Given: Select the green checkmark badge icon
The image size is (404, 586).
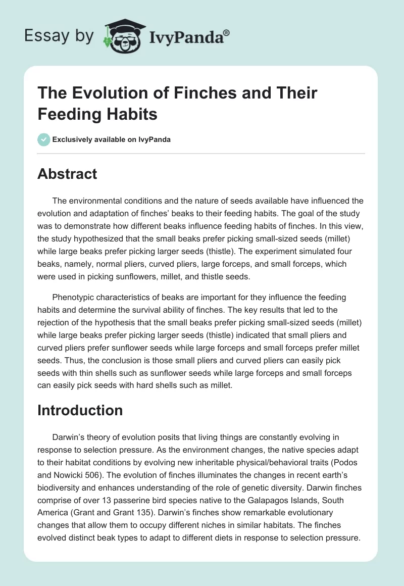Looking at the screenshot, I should coord(44,140).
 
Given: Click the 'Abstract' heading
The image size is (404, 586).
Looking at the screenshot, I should coord(67,174).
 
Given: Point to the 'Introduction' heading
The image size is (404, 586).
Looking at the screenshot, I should coord(80,410).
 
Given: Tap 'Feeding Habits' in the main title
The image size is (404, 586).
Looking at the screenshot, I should coord(97,114).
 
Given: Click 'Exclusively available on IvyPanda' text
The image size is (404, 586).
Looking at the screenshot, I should coord(112,140).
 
